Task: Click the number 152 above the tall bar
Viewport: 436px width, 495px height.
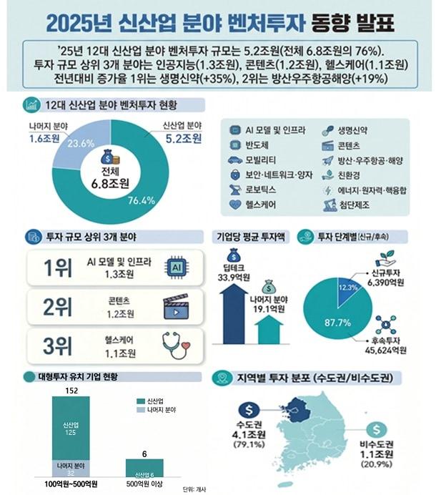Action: click(69, 390)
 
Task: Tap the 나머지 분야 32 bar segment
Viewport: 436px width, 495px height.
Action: click(69, 467)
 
